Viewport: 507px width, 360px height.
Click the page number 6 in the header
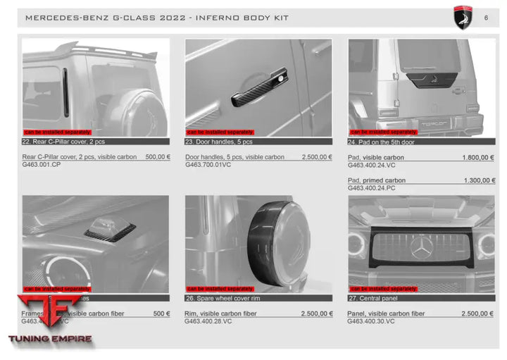coord(486,18)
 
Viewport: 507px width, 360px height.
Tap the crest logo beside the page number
coord(462,18)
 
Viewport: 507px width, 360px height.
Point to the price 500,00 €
coord(158,157)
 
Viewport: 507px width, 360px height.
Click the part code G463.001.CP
coord(42,165)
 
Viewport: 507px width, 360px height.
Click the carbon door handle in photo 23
coord(261,87)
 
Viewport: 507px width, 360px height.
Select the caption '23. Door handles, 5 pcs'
coord(218,142)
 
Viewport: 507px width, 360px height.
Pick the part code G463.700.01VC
coord(208,165)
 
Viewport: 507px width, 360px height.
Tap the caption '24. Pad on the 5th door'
coord(381,142)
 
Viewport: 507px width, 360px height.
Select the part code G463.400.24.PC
coord(372,188)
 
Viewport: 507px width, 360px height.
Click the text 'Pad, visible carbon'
coord(376,157)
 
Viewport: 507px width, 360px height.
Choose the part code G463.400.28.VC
coord(208,321)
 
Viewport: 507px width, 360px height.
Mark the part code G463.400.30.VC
coord(371,321)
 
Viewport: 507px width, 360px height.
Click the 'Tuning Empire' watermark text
coord(49,339)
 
